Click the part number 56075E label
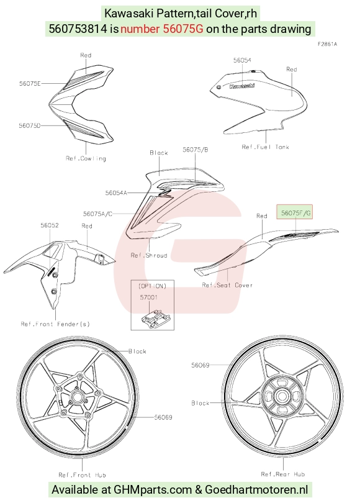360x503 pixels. [30, 84]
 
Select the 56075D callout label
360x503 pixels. [30, 125]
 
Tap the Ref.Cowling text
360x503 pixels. [86, 158]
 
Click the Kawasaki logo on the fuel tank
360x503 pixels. [242, 86]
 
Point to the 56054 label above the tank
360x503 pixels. [242, 60]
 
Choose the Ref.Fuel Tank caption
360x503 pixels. [266, 147]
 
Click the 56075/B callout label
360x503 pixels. [196, 150]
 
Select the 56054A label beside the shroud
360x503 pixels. [116, 193]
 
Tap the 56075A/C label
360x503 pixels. [98, 214]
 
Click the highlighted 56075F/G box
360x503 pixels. [295, 212]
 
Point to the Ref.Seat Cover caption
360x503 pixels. [227, 285]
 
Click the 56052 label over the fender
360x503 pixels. [50, 225]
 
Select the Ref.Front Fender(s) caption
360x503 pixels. [55, 324]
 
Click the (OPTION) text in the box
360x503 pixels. [152, 286]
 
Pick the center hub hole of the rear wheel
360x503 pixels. [282, 396]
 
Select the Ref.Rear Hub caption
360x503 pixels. [283, 474]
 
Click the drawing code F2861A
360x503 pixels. [327, 44]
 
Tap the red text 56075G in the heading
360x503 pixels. [183, 29]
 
